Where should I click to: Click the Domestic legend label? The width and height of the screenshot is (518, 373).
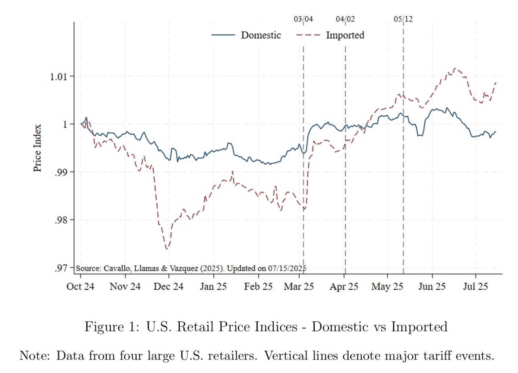tap(261, 35)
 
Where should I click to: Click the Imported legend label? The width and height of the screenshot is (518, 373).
tap(345, 35)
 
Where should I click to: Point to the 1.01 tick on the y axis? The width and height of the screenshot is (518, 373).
tap(60, 76)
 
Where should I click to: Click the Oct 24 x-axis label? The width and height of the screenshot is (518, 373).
tap(80, 287)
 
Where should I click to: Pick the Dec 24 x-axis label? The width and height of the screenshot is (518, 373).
tap(169, 287)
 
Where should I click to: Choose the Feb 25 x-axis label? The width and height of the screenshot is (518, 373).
tap(258, 287)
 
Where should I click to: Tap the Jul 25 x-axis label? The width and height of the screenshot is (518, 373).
tap(475, 287)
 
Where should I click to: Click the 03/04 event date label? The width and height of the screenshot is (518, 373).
tap(303, 19)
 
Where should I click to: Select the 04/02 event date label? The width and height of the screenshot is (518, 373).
tap(345, 19)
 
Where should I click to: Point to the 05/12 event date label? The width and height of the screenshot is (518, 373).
tap(403, 19)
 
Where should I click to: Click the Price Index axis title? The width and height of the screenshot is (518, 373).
tap(37, 148)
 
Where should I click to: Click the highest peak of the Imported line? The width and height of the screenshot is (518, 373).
tap(455, 68)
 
